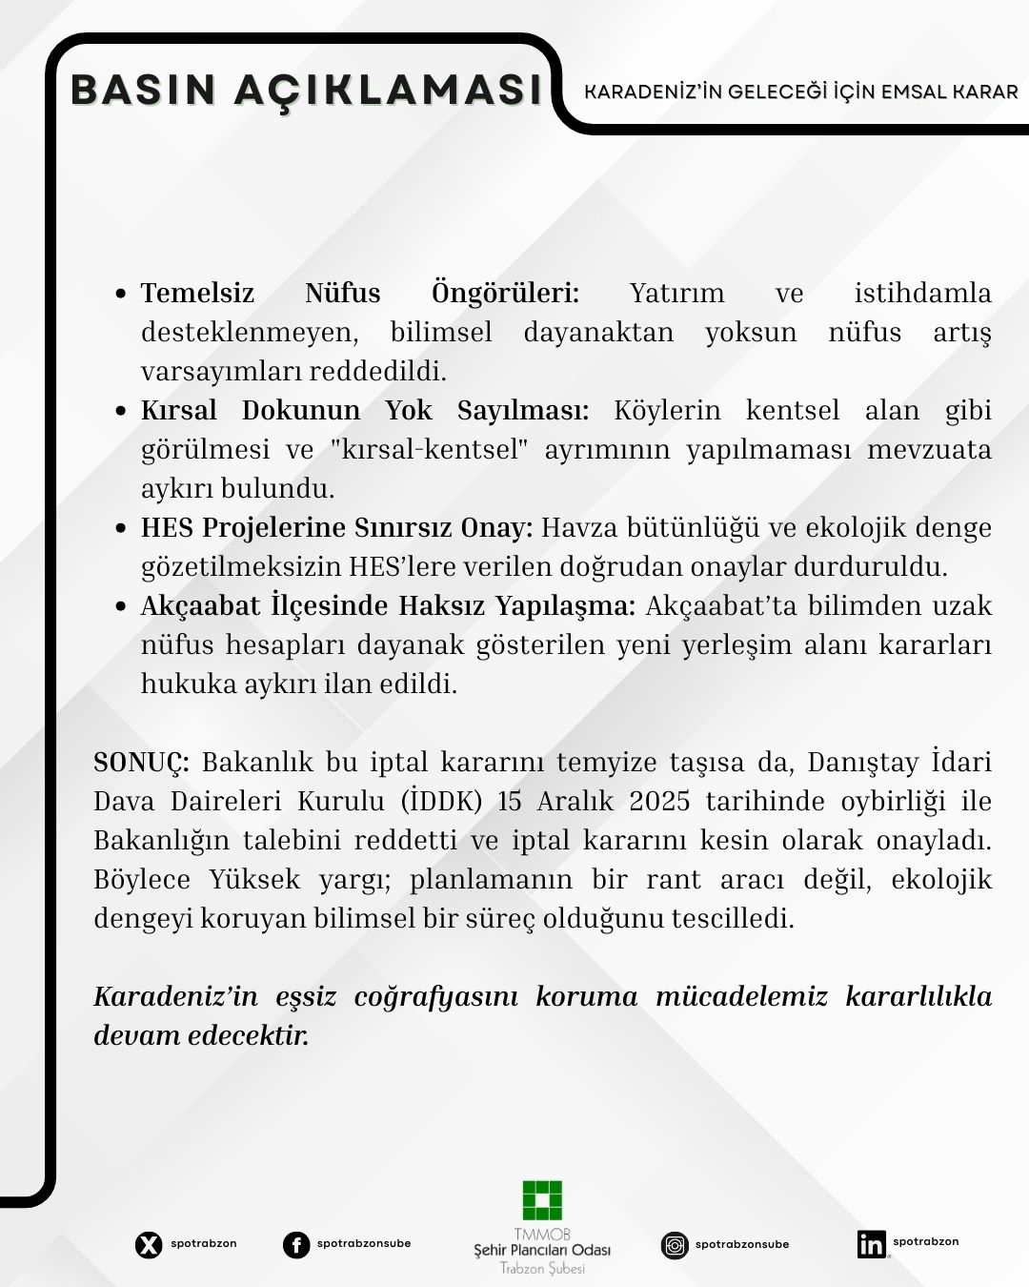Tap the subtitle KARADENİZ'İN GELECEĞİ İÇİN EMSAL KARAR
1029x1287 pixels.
800,92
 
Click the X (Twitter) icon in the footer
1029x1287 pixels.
149,1245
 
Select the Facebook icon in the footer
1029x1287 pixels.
296,1245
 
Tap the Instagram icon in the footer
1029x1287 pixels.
675,1245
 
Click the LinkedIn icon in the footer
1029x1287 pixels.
871,1245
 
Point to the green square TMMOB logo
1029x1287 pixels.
542,1201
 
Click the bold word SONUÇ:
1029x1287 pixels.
142,763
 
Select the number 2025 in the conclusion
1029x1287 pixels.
659,802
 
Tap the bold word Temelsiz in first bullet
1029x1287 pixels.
197,293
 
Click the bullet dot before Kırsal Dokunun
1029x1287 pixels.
121,411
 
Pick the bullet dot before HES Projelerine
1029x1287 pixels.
121,528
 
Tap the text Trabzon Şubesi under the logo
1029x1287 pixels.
542,1269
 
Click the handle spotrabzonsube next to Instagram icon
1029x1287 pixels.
742,1244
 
